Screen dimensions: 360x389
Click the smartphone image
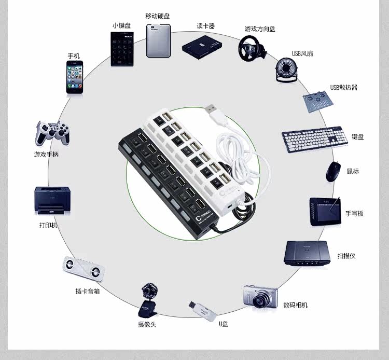point(74,76)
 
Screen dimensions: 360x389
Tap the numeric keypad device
point(122,49)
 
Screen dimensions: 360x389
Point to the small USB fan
point(286,71)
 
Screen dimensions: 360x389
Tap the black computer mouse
point(334,171)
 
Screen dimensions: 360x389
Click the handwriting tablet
point(325,211)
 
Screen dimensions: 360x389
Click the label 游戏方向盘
point(260,29)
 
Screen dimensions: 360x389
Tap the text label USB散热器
point(344,88)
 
